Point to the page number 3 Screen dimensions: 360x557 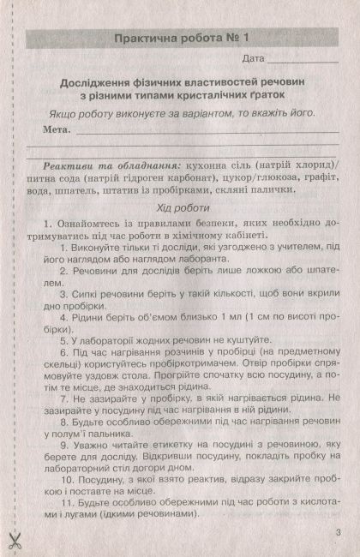tap(339, 534)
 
